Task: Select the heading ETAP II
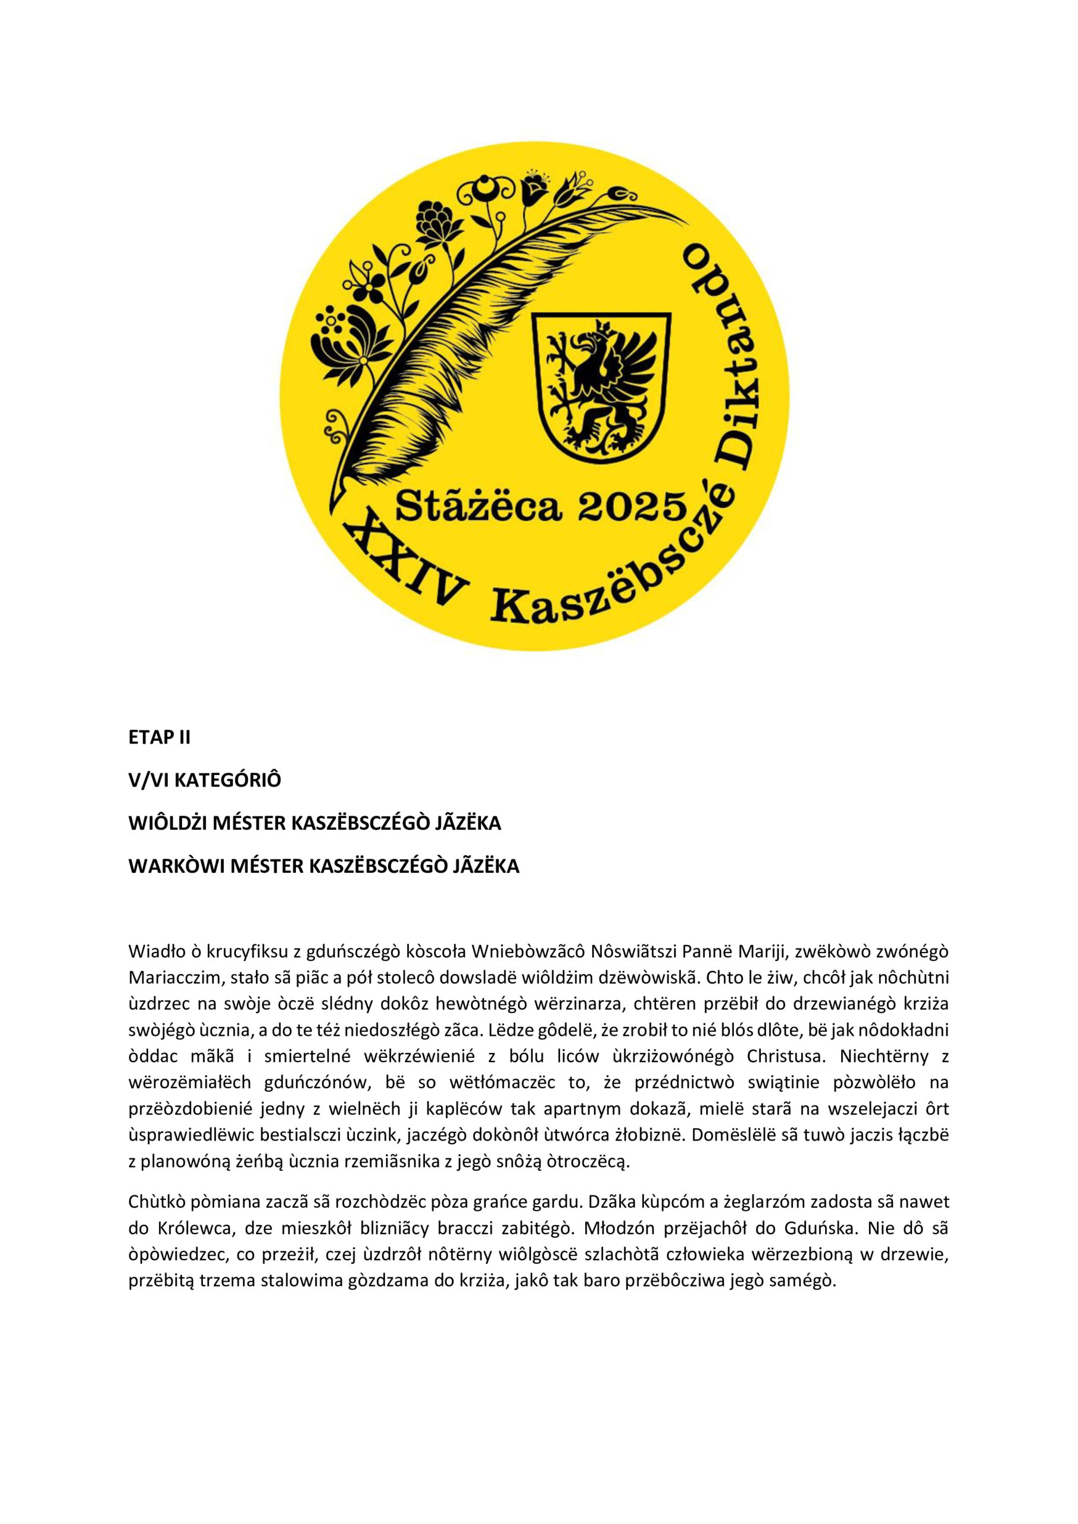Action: pyautogui.click(x=160, y=738)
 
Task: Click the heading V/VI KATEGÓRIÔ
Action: pyautogui.click(x=204, y=780)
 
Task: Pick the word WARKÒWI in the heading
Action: pyautogui.click(x=176, y=866)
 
